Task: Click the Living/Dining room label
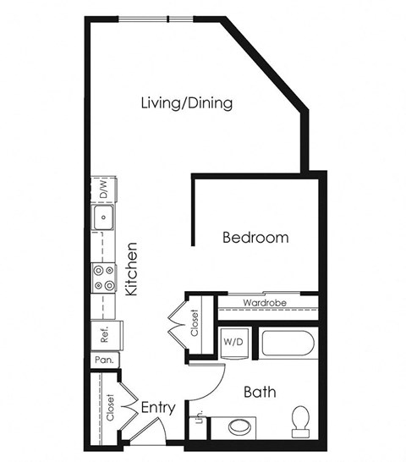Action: coord(186,103)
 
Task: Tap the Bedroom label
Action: coord(255,238)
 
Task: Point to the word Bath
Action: coord(258,393)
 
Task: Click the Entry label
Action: coord(157,408)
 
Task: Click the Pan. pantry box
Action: coord(105,360)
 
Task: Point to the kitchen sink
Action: coord(104,220)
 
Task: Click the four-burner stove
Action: coord(104,278)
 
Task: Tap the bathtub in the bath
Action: coord(288,343)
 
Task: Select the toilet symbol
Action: coord(300,421)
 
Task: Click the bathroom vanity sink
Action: coord(239,425)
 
